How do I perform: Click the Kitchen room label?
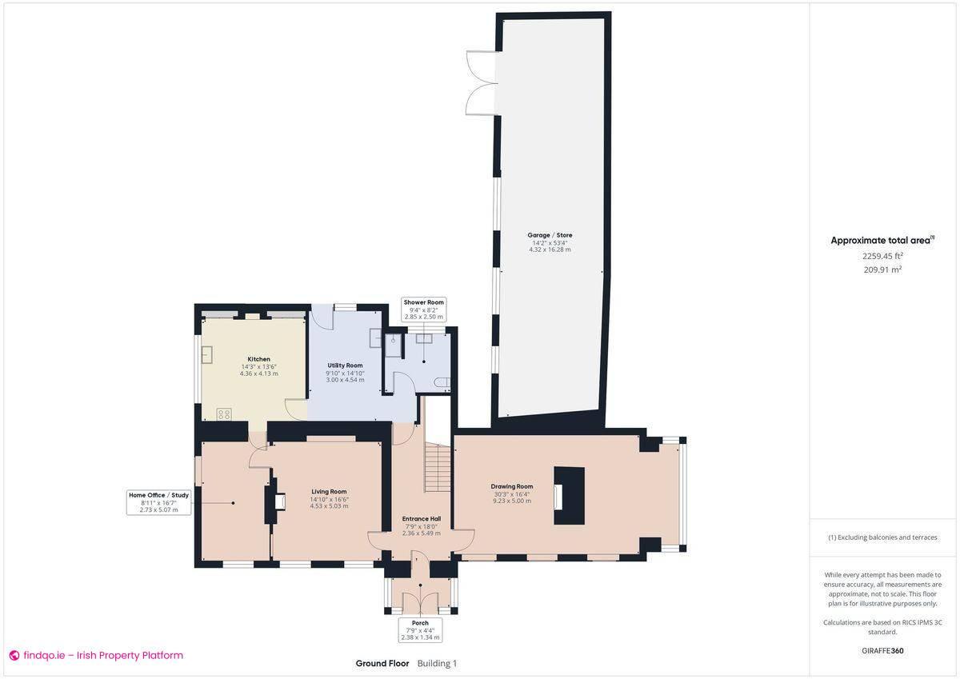258,359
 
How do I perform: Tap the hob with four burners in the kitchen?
224,414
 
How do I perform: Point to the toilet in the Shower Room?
442,384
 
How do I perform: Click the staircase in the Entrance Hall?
438,469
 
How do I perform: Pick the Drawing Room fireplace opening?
559,497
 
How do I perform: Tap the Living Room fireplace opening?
279,501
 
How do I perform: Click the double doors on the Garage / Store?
482,83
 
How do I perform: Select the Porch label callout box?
420,629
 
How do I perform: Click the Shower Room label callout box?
423,310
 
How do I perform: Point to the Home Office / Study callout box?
158,502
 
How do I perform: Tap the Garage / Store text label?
550,235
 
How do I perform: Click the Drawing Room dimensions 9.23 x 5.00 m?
512,501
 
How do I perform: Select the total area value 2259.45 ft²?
882,256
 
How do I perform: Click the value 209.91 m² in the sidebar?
882,270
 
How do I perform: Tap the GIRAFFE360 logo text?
882,651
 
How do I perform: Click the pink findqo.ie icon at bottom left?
14,656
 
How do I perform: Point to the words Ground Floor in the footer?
382,663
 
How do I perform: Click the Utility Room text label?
345,365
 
